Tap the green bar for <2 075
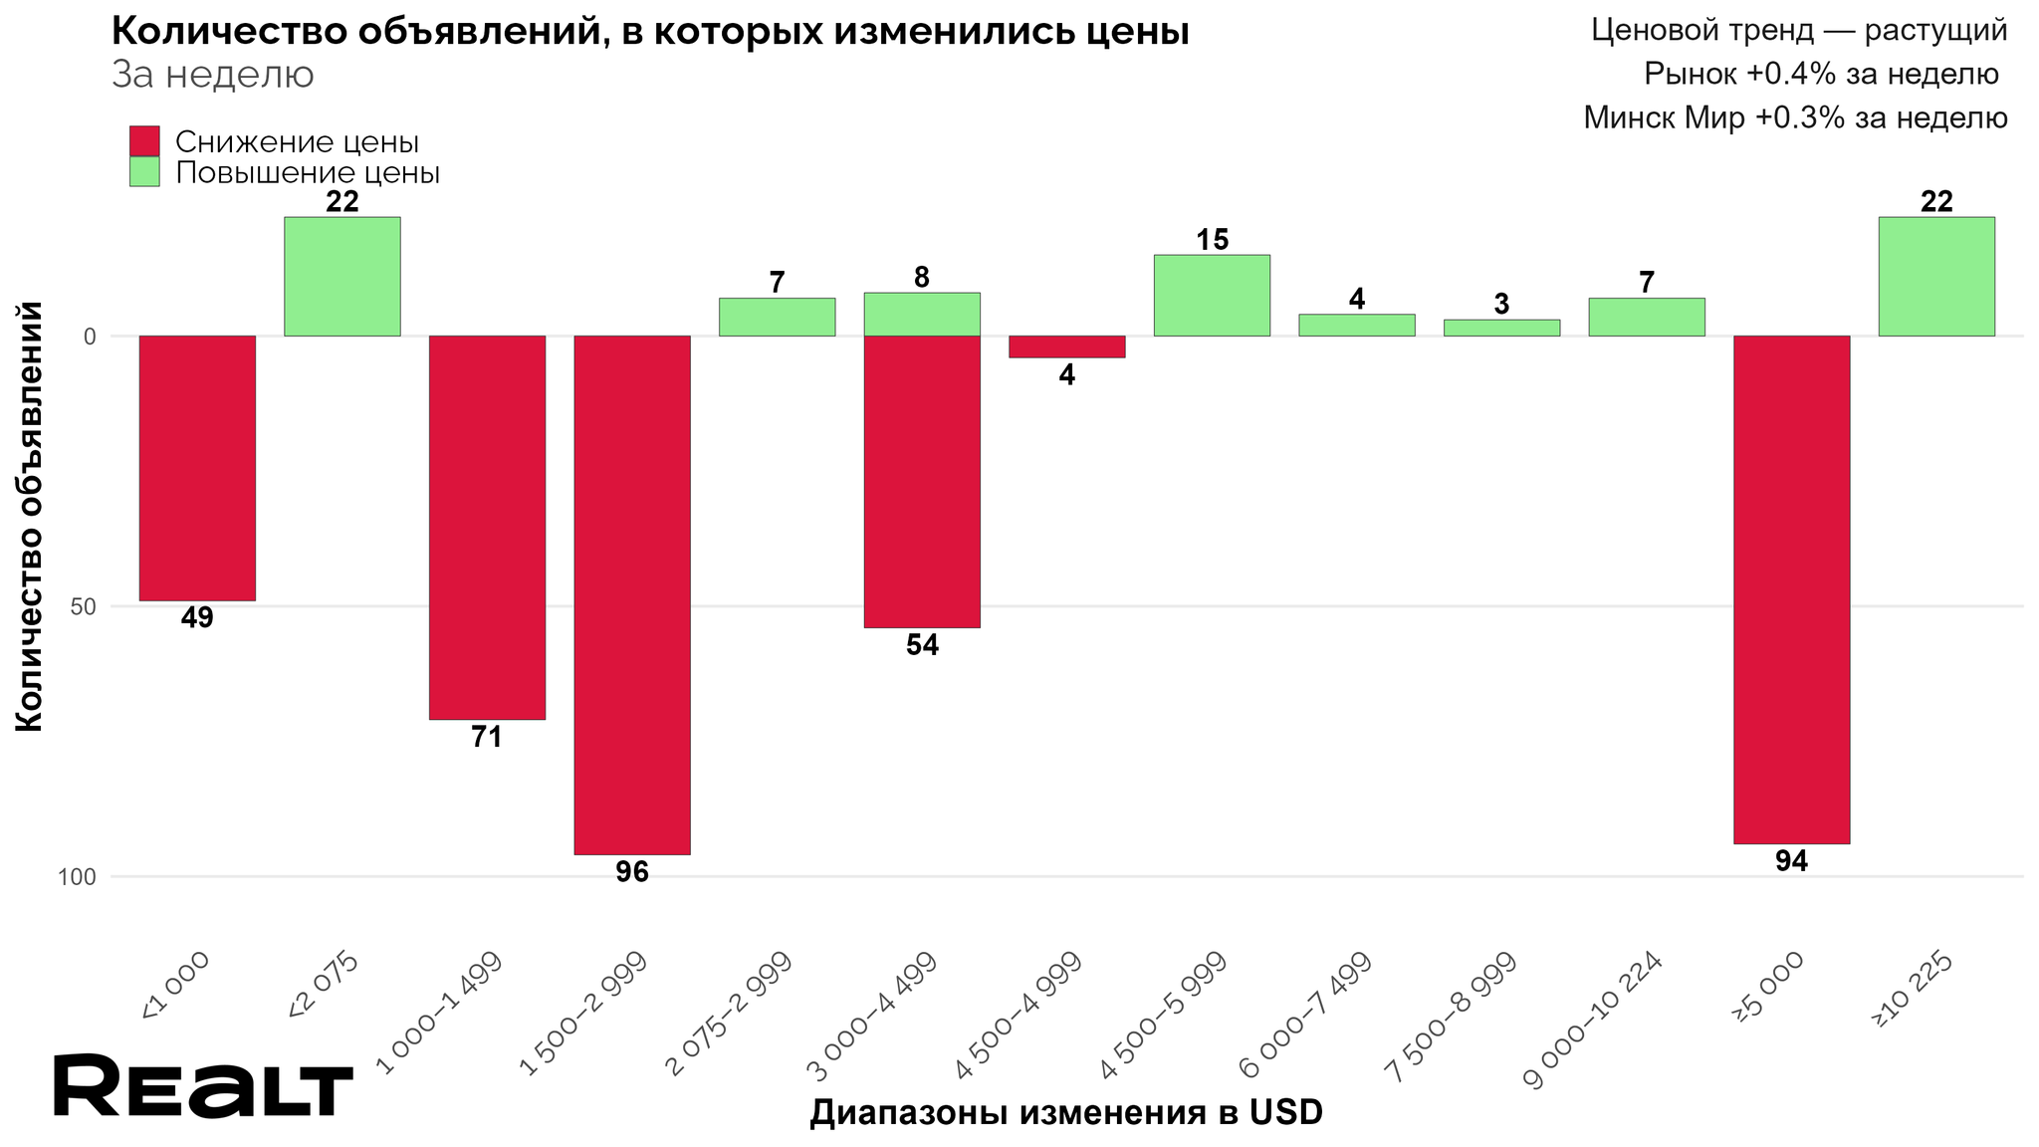342,276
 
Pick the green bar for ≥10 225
1936,276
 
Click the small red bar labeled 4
1066,346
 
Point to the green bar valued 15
1212,295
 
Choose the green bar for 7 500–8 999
1501,328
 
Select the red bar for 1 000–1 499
487,527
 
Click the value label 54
922,645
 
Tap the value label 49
197,618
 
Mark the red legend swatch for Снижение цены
144,141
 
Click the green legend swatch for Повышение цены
144,171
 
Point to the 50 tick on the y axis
84,606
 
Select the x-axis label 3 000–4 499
874,1016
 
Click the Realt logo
203,1086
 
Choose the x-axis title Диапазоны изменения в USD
1065,1112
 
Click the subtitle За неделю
213,75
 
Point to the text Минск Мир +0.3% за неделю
1795,118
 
